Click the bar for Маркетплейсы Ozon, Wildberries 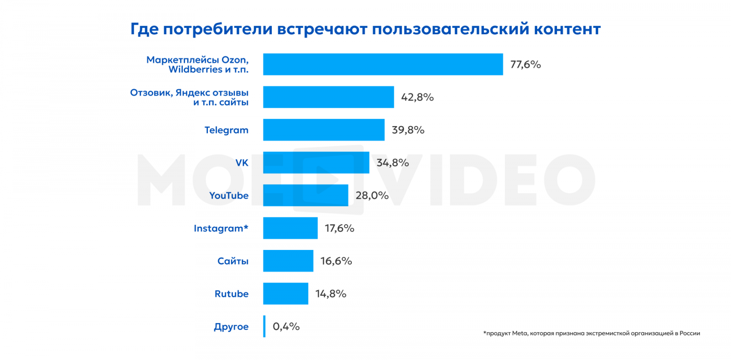(383, 64)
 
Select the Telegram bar (323, 130)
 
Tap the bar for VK (316, 163)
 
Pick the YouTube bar (306, 196)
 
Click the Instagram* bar (290, 228)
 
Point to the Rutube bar (286, 294)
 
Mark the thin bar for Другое (264, 326)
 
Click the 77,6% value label (525, 64)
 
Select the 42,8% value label (417, 97)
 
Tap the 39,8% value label (408, 130)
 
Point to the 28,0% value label (372, 196)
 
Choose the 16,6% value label (336, 261)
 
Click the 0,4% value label (286, 327)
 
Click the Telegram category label (226, 130)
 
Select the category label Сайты (233, 261)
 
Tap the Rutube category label (231, 294)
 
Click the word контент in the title (567, 29)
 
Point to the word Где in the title (144, 29)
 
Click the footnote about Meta (592, 334)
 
